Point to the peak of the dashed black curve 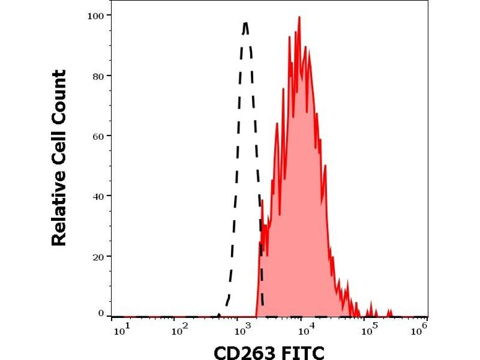point(246,23)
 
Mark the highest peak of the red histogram point(299,17)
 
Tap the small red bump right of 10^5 point(389,311)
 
